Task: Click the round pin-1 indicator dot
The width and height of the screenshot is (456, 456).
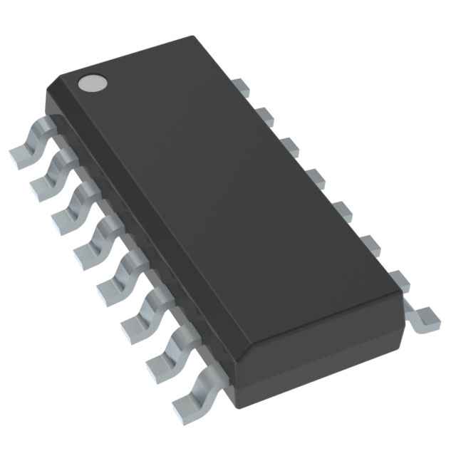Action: [91, 83]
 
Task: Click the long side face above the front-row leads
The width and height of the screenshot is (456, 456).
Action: [142, 235]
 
